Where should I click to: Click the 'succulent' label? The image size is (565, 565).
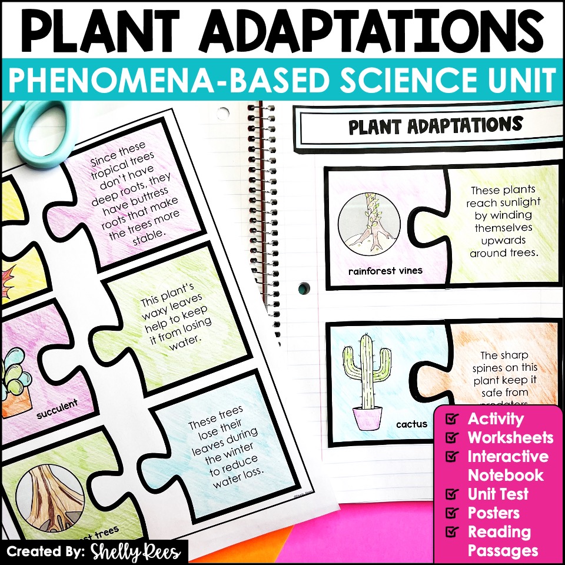[x=57, y=407]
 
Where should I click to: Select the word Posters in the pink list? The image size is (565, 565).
[x=493, y=513]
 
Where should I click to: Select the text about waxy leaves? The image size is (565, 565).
[x=167, y=321]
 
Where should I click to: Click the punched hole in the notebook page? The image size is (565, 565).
[x=304, y=288]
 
